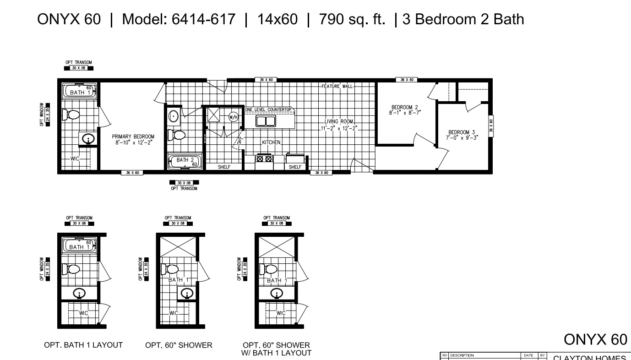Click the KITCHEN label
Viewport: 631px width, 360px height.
point(271,142)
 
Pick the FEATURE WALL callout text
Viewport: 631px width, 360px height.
point(337,86)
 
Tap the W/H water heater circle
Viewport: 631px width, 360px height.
point(233,117)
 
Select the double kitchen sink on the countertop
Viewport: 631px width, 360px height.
point(266,121)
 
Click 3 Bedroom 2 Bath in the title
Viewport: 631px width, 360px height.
point(463,19)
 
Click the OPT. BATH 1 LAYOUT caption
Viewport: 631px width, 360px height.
point(83,345)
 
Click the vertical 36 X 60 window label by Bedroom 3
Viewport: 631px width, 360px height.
point(491,125)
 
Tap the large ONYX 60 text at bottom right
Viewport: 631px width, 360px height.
point(595,339)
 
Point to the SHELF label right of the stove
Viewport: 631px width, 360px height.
point(295,167)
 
